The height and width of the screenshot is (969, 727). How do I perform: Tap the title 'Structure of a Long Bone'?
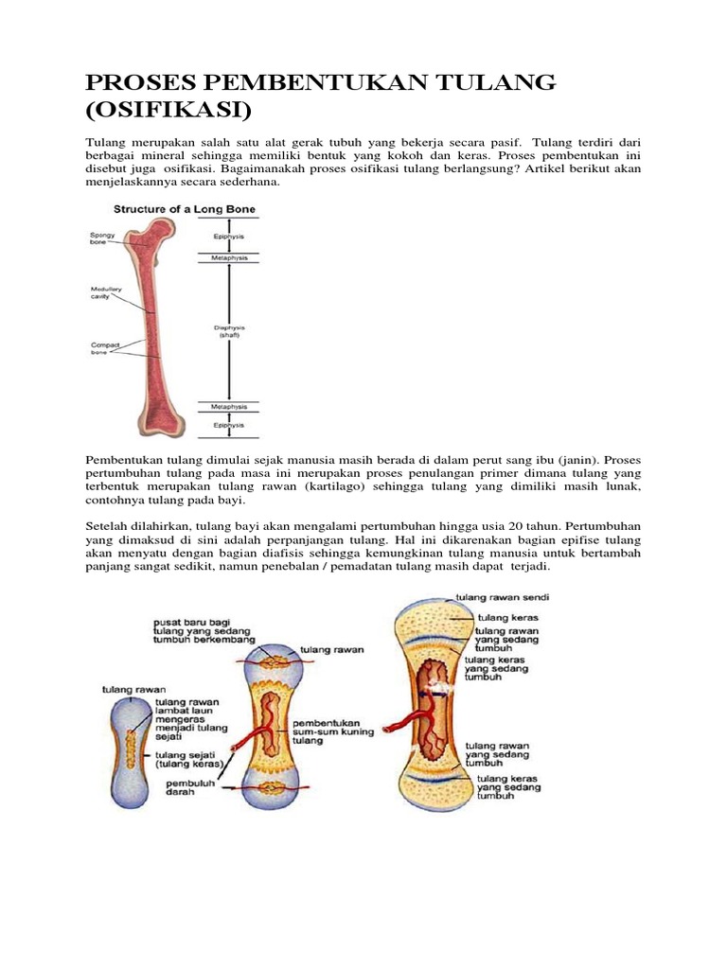pos(185,209)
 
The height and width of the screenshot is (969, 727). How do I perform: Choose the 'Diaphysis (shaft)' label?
pos(227,331)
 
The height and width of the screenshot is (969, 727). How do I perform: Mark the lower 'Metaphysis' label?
pos(227,407)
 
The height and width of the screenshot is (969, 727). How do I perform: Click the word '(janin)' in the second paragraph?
pos(579,457)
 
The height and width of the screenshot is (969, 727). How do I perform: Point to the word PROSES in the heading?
pos(142,83)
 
